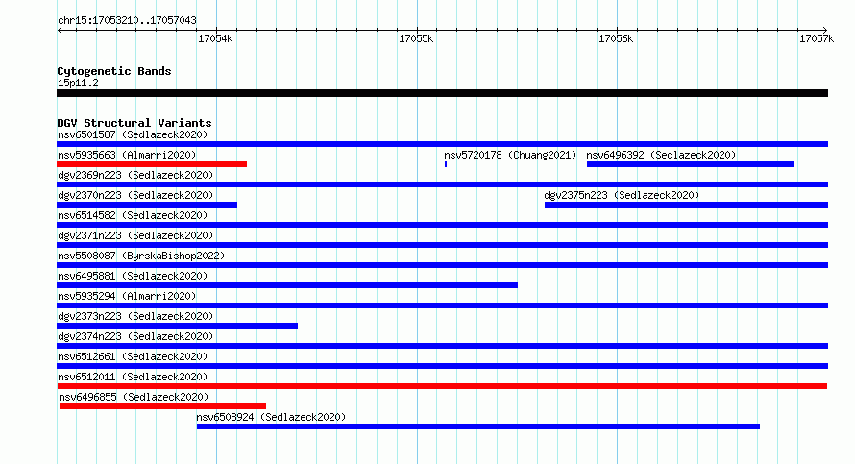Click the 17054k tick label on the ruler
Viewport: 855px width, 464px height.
coord(215,38)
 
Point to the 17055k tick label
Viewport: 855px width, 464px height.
coord(416,38)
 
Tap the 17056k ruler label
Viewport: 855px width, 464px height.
coord(616,38)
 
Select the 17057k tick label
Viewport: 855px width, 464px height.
coord(817,38)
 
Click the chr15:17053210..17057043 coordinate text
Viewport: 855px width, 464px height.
coord(127,21)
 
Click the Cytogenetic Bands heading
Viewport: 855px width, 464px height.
coord(114,71)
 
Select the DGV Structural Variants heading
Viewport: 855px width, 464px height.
coord(134,123)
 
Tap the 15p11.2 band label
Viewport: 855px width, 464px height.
coord(78,83)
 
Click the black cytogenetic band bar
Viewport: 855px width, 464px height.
coord(442,93)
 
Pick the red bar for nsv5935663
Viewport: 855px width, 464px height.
coord(152,164)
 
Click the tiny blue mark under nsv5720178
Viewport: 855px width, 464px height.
coord(446,164)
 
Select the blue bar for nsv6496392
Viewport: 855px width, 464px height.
coord(691,164)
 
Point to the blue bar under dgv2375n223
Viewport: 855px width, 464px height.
coord(686,205)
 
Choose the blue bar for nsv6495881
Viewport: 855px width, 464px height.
coord(287,285)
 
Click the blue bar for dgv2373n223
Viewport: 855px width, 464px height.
coord(177,326)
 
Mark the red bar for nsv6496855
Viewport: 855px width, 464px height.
coord(162,406)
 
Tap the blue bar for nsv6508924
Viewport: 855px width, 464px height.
coord(478,427)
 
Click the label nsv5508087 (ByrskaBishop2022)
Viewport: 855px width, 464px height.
coord(141,256)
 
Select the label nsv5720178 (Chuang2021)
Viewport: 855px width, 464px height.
coord(510,155)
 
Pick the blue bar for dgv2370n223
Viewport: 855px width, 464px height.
coord(147,205)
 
